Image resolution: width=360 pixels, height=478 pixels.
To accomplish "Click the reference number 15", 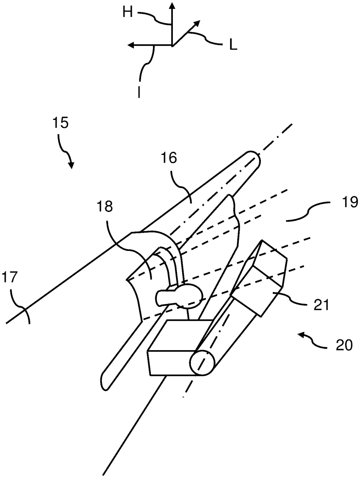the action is [x=60, y=123].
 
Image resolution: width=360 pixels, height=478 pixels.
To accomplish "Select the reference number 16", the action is [x=169, y=158].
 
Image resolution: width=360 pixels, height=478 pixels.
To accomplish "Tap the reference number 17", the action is [x=10, y=277].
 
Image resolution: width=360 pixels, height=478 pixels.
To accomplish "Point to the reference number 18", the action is [x=105, y=206].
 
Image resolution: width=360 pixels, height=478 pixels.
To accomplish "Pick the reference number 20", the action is [x=344, y=345].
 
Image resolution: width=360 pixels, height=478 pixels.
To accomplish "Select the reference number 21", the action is [x=321, y=304].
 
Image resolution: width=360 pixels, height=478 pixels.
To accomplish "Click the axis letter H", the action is [x=127, y=12].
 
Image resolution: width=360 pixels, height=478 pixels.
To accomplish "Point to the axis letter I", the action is [x=139, y=92].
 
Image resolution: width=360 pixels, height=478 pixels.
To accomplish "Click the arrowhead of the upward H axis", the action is [x=172, y=6].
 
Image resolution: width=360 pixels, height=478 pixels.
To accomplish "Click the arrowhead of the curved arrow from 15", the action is [x=71, y=166].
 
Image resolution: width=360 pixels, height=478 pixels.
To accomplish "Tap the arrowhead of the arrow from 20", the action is [x=302, y=335].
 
